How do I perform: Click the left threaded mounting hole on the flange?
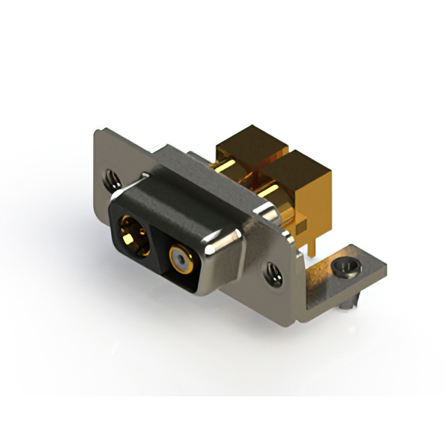[111, 179]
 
